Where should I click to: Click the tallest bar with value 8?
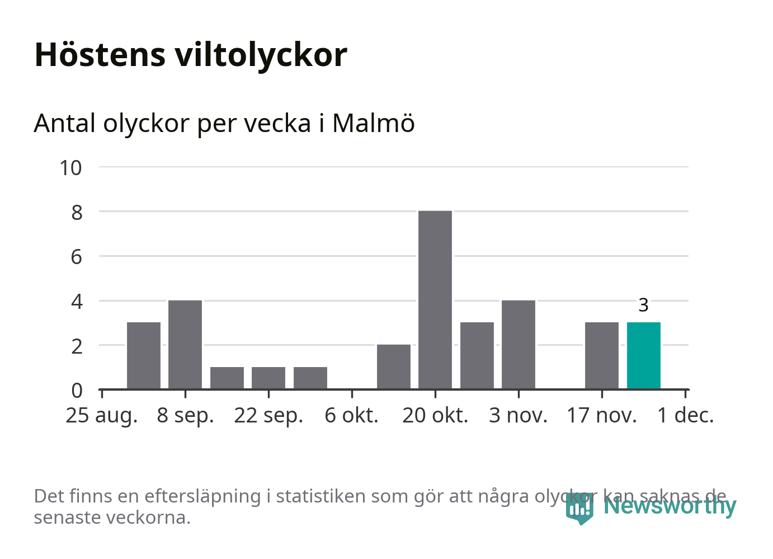click(435, 299)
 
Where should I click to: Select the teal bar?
click(643, 355)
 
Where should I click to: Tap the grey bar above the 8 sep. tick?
click(185, 344)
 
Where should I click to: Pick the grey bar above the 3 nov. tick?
click(519, 344)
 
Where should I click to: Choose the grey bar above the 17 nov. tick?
click(602, 355)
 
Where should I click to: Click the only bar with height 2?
click(394, 367)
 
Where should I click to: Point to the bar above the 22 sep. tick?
click(268, 378)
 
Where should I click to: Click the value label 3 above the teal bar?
click(643, 305)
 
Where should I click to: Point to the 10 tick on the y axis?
click(71, 168)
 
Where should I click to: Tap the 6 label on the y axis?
click(77, 257)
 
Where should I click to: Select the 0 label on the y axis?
click(77, 390)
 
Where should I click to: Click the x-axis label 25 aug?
click(102, 416)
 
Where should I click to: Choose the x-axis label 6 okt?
click(351, 416)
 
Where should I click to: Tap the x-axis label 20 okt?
click(435, 416)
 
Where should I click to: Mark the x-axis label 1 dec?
click(686, 416)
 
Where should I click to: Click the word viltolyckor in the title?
click(261, 55)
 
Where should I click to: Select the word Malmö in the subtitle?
click(373, 123)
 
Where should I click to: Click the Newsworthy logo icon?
click(579, 508)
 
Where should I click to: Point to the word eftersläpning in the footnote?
click(202, 496)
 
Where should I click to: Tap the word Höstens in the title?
click(100, 55)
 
